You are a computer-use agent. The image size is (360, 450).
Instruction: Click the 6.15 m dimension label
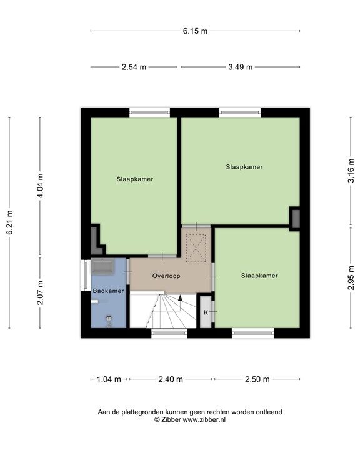click(x=195, y=31)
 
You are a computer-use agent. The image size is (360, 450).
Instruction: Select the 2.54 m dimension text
click(x=134, y=67)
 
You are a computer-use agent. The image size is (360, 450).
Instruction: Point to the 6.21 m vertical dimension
click(x=9, y=222)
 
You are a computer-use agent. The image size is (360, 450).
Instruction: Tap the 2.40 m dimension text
click(x=171, y=379)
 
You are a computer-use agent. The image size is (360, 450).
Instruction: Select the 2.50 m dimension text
click(x=257, y=379)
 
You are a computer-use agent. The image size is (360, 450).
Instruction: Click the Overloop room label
click(x=166, y=276)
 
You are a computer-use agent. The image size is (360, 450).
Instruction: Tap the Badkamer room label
click(x=109, y=291)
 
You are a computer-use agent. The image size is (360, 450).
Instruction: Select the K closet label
click(x=206, y=311)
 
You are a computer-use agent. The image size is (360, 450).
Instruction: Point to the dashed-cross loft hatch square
click(x=197, y=246)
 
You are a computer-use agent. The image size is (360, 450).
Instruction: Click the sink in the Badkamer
click(x=102, y=269)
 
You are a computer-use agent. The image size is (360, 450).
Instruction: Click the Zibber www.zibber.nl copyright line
click(x=190, y=421)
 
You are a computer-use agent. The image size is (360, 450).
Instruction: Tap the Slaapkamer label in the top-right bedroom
click(x=244, y=167)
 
